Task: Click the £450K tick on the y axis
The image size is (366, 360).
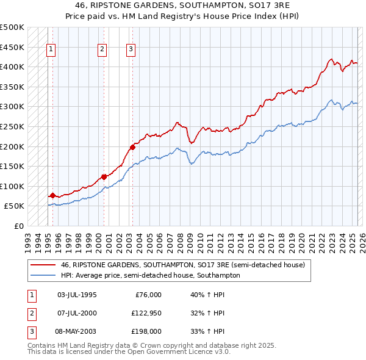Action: pyautogui.click(x=12, y=47)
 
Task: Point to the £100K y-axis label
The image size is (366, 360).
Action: pyautogui.click(x=12, y=186)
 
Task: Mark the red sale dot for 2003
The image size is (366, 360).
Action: pyautogui.click(x=132, y=147)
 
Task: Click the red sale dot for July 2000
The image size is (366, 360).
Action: pyautogui.click(x=104, y=177)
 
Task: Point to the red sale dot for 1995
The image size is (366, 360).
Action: pyautogui.click(x=52, y=195)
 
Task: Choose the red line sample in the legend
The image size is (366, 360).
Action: pyautogui.click(x=42, y=265)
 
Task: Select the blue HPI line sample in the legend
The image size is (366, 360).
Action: pyautogui.click(x=42, y=275)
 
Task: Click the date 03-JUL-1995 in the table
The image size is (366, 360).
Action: pyautogui.click(x=77, y=295)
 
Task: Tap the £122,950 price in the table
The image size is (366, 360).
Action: pyautogui.click(x=145, y=313)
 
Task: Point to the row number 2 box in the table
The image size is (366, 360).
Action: pyautogui.click(x=30, y=313)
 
